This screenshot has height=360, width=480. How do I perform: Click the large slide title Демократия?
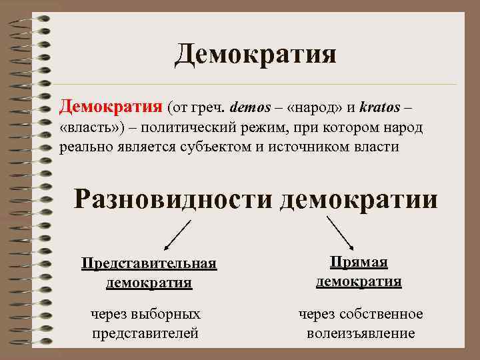(x=255, y=54)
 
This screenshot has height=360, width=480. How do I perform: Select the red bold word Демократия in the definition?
(x=110, y=105)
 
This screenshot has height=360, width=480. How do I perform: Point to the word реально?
(x=85, y=147)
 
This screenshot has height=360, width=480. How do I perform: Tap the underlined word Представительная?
(x=149, y=263)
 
